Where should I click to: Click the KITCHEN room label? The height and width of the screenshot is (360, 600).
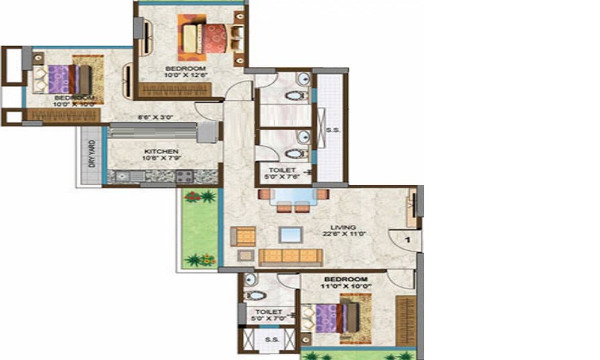[x=160, y=151]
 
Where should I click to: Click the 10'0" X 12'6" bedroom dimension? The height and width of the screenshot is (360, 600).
[x=185, y=76]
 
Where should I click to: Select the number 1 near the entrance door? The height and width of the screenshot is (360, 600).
[x=407, y=240]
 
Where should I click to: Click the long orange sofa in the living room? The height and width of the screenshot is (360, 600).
[x=290, y=256]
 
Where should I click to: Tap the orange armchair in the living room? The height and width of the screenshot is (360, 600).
[x=243, y=236]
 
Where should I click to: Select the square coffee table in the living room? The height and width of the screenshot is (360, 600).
[x=291, y=235]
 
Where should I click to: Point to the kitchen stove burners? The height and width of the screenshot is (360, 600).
[x=184, y=176]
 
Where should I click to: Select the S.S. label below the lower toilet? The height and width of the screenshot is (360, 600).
[x=267, y=340]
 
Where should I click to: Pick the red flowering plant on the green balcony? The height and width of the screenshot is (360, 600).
[x=193, y=196]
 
